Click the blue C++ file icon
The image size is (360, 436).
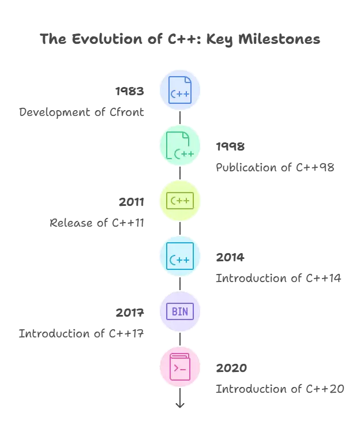[179, 90]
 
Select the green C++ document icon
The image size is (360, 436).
[179, 145]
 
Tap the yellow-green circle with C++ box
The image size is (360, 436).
[179, 201]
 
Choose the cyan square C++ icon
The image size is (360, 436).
[179, 256]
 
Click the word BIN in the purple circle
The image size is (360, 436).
[179, 312]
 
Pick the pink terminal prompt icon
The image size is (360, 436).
[179, 367]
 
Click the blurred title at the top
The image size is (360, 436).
[180, 40]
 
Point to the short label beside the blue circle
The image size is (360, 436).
[131, 91]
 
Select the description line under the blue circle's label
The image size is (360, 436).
[83, 113]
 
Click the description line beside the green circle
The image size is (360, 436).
[275, 168]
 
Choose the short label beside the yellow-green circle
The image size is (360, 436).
[132, 202]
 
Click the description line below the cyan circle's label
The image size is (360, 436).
[277, 279]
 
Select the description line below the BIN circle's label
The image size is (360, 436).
[82, 334]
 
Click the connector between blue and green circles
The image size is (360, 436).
[179, 118]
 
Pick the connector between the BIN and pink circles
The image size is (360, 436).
[179, 339]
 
